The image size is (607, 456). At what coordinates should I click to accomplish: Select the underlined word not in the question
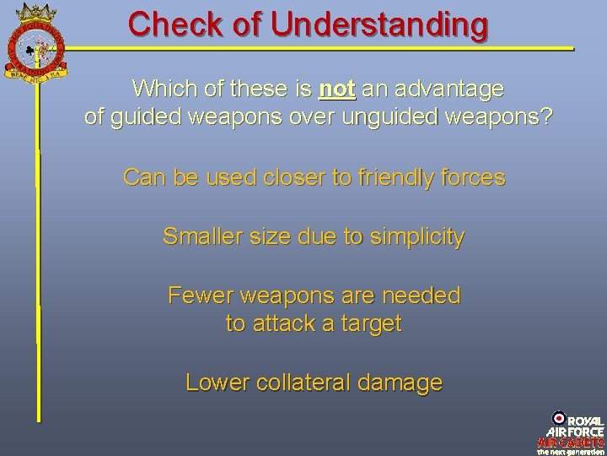[337, 89]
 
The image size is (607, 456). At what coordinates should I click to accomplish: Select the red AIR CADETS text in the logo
[571, 442]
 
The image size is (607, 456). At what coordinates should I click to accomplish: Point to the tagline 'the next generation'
[571, 452]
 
